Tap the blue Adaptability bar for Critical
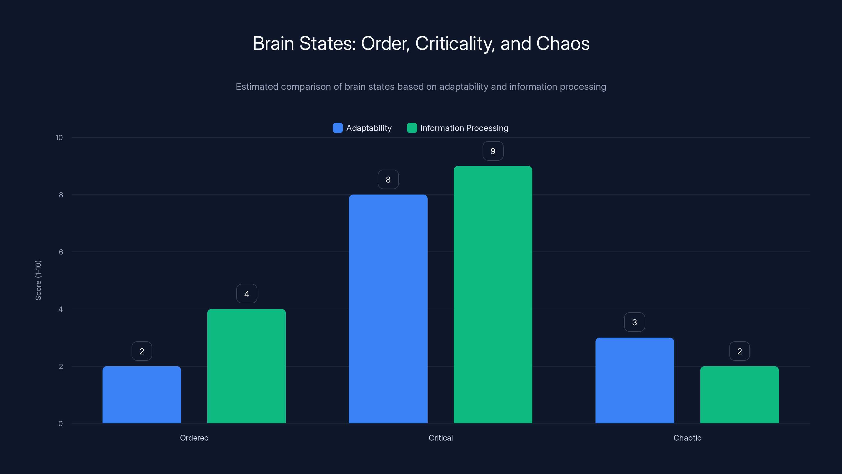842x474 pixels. pyautogui.click(x=388, y=309)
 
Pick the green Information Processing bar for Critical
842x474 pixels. pyautogui.click(x=493, y=294)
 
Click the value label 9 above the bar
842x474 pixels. pyautogui.click(x=493, y=151)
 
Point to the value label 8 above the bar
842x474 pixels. pyautogui.click(x=388, y=180)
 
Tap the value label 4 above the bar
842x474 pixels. pyautogui.click(x=247, y=294)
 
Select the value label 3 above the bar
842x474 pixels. pyautogui.click(x=634, y=322)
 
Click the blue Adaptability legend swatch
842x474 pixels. pyautogui.click(x=338, y=128)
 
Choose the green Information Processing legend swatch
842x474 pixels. pyautogui.click(x=412, y=128)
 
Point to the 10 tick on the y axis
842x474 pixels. pyautogui.click(x=59, y=138)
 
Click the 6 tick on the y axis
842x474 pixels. pyautogui.click(x=61, y=252)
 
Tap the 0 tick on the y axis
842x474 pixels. pyautogui.click(x=61, y=424)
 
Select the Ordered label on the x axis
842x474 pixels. pyautogui.click(x=194, y=438)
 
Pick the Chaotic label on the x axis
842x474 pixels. pyautogui.click(x=687, y=438)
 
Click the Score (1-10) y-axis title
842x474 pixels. pyautogui.click(x=38, y=280)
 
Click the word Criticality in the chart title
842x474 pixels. pyautogui.click(x=455, y=43)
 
